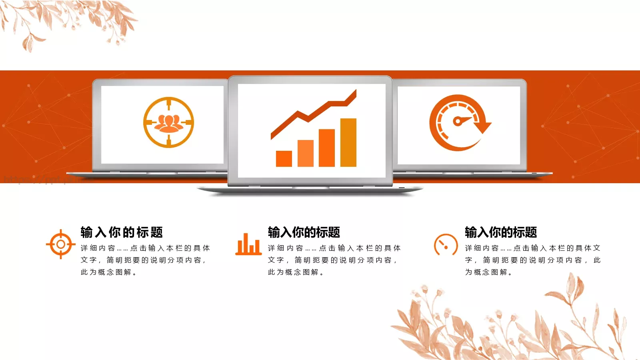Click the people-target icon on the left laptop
click(x=168, y=122)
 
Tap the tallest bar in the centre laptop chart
click(x=348, y=142)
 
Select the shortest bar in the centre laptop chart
click(x=284, y=158)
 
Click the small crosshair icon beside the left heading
click(x=60, y=244)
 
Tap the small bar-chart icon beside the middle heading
click(x=248, y=244)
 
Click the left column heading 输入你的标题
click(x=122, y=232)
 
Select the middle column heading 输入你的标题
click(x=304, y=232)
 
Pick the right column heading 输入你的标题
click(x=501, y=232)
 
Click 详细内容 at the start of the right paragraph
click(x=482, y=248)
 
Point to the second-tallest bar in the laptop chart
click(x=326, y=148)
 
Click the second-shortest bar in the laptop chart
click(x=306, y=153)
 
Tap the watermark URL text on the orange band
click(x=40, y=180)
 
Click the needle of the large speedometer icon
click(x=462, y=120)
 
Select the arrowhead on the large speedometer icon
click(x=484, y=127)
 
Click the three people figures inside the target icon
click(x=168, y=122)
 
